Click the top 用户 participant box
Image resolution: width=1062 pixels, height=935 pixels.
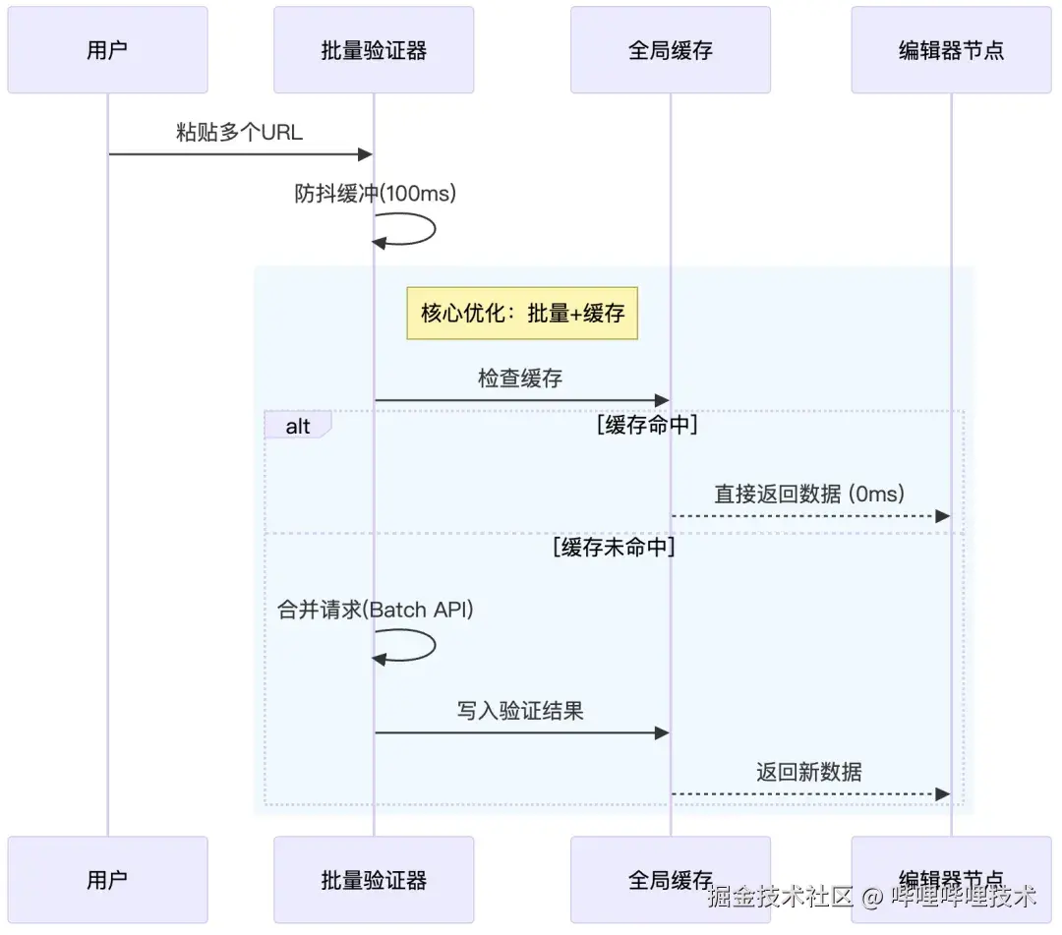tap(107, 50)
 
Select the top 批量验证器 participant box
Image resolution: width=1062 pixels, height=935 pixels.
tap(374, 50)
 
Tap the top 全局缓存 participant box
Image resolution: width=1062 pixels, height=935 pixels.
tap(670, 50)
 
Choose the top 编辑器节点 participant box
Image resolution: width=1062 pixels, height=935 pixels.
tap(951, 50)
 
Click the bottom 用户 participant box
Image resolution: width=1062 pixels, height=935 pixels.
tap(107, 879)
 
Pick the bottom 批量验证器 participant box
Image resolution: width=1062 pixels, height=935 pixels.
tap(374, 879)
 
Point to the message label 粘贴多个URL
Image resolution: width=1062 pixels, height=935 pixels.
tap(239, 133)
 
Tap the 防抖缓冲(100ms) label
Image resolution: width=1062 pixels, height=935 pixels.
tap(375, 194)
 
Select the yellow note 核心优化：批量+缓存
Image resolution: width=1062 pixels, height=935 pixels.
tap(522, 314)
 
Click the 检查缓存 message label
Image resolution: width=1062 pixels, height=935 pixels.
tap(520, 379)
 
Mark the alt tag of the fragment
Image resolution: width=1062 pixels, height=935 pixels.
tap(298, 426)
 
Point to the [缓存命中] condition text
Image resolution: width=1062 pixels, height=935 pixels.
tap(647, 426)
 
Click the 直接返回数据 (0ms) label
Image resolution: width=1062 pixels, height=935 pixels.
tap(808, 494)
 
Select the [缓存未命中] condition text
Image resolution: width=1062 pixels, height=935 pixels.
tap(614, 548)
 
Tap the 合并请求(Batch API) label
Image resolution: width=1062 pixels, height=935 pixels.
tap(376, 610)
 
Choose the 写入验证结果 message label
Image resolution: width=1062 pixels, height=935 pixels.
tap(520, 710)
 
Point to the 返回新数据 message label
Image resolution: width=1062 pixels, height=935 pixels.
tap(808, 772)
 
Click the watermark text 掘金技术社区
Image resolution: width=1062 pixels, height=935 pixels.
tap(780, 896)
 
